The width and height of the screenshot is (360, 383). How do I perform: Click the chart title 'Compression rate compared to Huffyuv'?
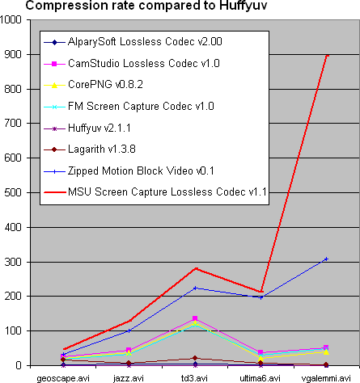[146, 6]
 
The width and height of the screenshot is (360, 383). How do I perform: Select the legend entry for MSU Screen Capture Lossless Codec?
[155, 192]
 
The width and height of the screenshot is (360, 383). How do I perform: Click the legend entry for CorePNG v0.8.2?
[93, 85]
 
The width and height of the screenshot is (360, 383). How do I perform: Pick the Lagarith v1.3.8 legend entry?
[90, 149]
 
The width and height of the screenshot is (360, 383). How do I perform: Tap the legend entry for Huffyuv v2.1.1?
[87, 128]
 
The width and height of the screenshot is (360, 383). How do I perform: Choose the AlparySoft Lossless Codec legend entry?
[133, 42]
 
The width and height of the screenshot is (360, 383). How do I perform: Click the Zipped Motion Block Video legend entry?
[129, 171]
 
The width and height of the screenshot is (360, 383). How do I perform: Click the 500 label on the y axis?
[13, 193]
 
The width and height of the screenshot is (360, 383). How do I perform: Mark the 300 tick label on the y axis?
[13, 262]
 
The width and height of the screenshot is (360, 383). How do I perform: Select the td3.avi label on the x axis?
[194, 378]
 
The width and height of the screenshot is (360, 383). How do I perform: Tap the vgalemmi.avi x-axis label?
[326, 378]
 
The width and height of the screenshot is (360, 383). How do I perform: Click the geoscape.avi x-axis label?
[63, 378]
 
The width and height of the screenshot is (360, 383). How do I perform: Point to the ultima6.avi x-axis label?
[260, 378]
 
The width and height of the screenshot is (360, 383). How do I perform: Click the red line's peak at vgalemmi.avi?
[327, 55]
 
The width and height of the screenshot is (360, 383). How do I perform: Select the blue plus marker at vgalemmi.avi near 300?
[326, 259]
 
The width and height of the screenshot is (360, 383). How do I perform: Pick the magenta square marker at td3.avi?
[195, 318]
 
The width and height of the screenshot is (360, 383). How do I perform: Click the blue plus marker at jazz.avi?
[129, 330]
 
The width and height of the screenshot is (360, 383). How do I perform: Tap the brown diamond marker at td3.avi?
[195, 358]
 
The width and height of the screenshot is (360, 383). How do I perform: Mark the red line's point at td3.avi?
[196, 268]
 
